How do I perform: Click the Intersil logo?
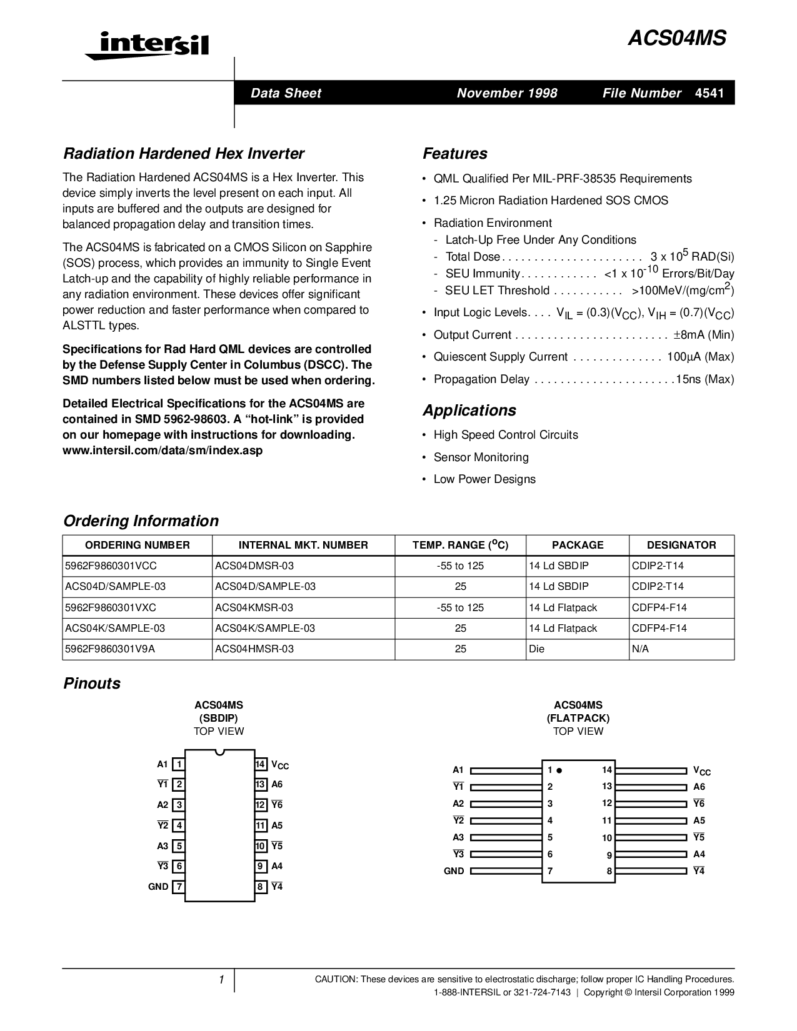pyautogui.click(x=148, y=46)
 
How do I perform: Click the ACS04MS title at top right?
pyautogui.click(x=677, y=39)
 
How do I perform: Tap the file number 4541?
pyautogui.click(x=709, y=93)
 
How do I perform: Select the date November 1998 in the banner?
pyautogui.click(x=507, y=93)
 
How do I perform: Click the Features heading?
pyautogui.click(x=455, y=154)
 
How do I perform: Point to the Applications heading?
pyautogui.click(x=469, y=411)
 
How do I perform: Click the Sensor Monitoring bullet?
pyautogui.click(x=481, y=457)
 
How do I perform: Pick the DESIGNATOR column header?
pyautogui.click(x=681, y=545)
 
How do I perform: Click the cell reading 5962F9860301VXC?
pyautogui.click(x=111, y=607)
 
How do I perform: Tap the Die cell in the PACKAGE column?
pyautogui.click(x=537, y=649)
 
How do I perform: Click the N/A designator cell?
pyautogui.click(x=641, y=649)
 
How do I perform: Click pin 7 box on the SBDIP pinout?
pyautogui.click(x=179, y=887)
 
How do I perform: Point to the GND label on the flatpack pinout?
pyautogui.click(x=454, y=871)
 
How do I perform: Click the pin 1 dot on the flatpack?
pyautogui.click(x=559, y=770)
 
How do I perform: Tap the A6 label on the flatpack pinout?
pyautogui.click(x=699, y=787)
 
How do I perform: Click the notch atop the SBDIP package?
pyautogui.click(x=219, y=752)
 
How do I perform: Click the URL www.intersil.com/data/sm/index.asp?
pyautogui.click(x=163, y=451)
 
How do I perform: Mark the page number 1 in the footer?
pyautogui.click(x=221, y=980)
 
